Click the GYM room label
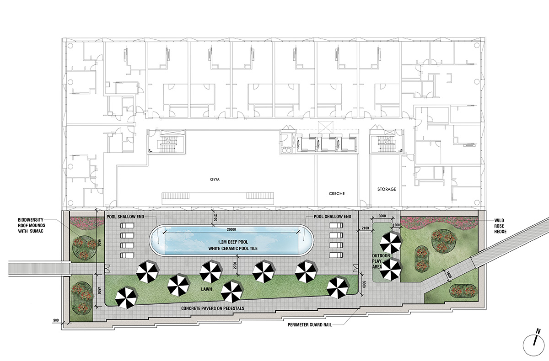point(215,180)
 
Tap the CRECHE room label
point(337,194)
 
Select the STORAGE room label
point(387,189)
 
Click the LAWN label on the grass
point(206,289)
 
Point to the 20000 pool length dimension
point(231,229)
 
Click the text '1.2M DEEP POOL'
point(233,242)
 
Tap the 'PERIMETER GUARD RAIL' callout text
point(310,325)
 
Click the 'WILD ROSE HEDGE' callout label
point(500,226)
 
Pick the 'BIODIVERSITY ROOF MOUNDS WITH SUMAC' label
point(32,225)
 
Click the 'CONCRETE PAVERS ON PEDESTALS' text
point(213,308)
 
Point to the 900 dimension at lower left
point(56,320)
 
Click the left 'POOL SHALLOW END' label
point(125,217)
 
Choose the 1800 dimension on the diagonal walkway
point(448,276)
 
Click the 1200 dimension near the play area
point(396,225)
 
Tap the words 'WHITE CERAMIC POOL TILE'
point(233,249)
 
